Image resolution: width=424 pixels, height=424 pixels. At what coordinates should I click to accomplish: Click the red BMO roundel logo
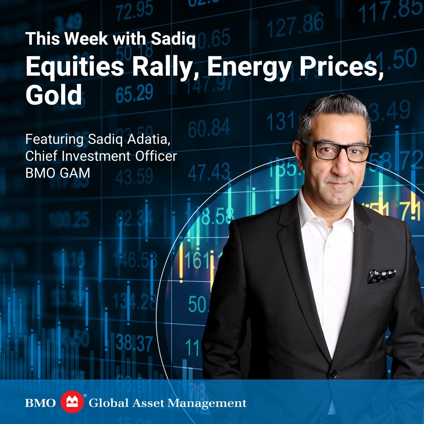pos(72,403)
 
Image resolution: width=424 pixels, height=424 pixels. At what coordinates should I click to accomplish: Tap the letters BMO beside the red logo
pos(40,403)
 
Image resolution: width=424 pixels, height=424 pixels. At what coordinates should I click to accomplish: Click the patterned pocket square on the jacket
pos(381,276)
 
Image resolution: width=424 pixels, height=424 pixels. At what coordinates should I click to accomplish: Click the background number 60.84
pos(209,128)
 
